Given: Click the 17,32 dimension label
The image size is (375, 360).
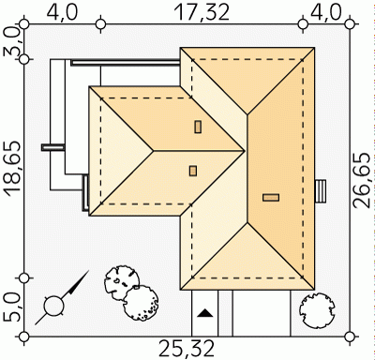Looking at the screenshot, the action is click(x=202, y=12).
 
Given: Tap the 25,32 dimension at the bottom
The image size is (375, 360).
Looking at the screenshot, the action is click(x=187, y=349).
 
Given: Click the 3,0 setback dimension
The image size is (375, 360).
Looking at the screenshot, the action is click(x=13, y=41).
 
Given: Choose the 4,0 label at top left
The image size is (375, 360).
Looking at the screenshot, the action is click(x=61, y=12).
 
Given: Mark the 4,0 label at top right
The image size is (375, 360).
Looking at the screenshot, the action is click(x=325, y=12).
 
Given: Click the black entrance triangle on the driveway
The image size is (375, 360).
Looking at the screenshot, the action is click(x=205, y=313).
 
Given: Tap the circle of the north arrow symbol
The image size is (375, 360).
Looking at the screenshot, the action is click(x=53, y=306).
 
